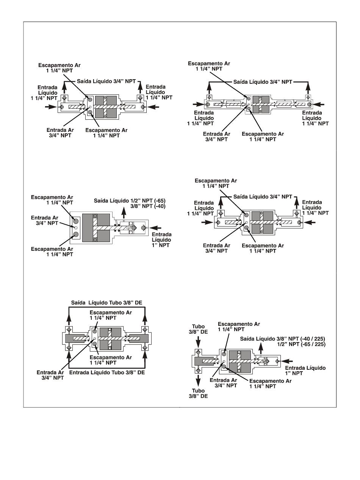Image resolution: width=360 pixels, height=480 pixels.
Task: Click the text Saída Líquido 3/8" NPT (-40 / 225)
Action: tap(283, 339)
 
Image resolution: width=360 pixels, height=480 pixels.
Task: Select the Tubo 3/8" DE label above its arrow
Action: tap(198, 329)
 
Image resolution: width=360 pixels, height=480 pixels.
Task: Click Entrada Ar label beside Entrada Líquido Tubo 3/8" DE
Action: tap(50, 375)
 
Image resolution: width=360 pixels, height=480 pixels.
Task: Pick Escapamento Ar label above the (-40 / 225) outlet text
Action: tap(239, 327)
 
